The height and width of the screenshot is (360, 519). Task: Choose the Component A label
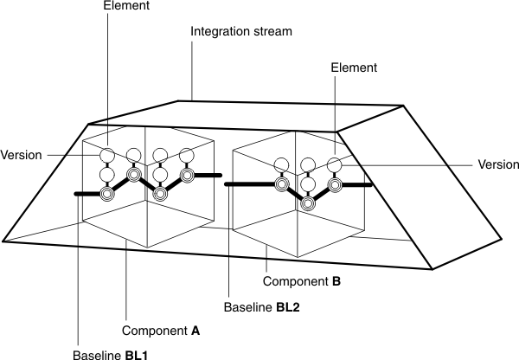point(161,330)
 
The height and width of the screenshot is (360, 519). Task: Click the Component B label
point(303,282)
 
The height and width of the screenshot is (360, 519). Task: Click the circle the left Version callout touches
point(106,155)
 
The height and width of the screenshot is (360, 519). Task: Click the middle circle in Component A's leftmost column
point(106,176)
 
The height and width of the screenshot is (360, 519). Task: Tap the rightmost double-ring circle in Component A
point(186,176)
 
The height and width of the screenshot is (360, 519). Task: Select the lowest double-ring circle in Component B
point(308,203)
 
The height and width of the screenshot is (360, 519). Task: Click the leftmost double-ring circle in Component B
point(281,184)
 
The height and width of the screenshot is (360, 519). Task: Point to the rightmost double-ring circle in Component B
point(334,185)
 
